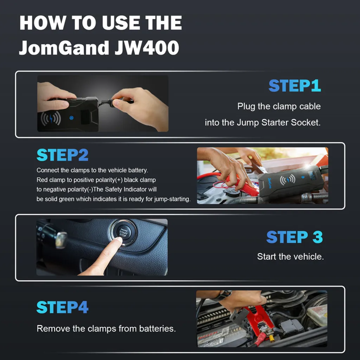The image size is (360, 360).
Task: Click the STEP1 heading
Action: click(295, 86)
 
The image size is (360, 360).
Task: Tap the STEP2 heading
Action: click(63, 155)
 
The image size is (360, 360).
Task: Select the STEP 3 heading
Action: click(295, 237)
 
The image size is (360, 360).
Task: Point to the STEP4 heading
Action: click(63, 307)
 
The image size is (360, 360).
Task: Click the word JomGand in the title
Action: click(64, 48)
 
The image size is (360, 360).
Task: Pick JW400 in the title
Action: click(147, 47)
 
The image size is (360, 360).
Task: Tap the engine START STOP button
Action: click(123, 232)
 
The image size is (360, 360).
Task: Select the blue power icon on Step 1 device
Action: click(71, 118)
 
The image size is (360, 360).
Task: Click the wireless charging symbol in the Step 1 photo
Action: click(51, 118)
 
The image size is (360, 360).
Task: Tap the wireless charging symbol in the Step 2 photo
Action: click(288, 180)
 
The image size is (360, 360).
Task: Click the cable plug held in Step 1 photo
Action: click(112, 103)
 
